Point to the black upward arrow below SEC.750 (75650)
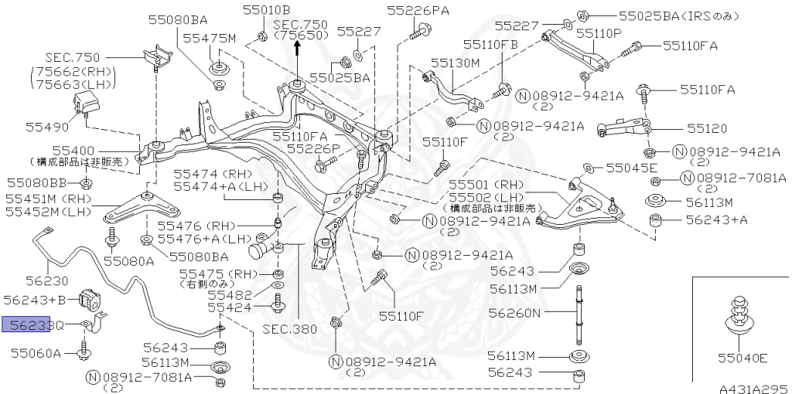[x=298, y=52]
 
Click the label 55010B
[x=266, y=10]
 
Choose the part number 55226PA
[x=418, y=10]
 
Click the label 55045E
[x=630, y=168]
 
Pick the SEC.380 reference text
[x=291, y=328]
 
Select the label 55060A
[x=36, y=353]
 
